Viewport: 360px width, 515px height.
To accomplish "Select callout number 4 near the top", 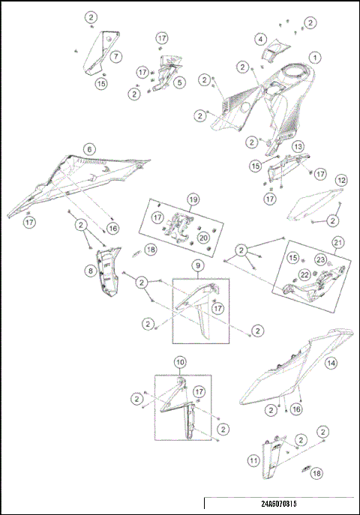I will click(260, 39).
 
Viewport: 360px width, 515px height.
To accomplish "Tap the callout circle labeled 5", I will click(179, 83).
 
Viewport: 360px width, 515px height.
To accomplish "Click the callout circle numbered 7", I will click(116, 56).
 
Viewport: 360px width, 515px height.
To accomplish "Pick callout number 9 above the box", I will click(197, 265).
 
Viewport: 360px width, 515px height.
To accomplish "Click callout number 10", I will click(180, 362).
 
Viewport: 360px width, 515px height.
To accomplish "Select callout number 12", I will click(341, 181).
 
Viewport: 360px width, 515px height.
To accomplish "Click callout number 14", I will click(331, 364).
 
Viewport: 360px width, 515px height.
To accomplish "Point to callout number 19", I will click(193, 200).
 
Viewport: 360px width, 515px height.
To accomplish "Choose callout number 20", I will click(202, 237).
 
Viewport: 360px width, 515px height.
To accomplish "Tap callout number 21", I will click(338, 242).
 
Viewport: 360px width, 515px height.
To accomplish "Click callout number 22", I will click(305, 275).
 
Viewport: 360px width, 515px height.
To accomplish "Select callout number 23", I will click(321, 259).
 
